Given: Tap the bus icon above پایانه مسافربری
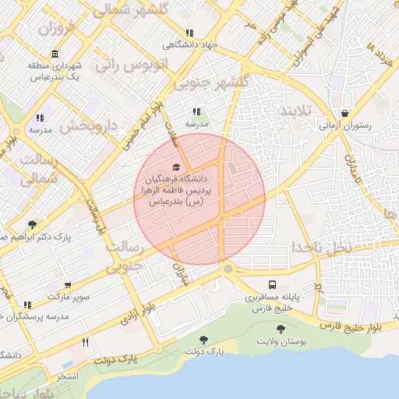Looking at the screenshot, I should pos(272,285).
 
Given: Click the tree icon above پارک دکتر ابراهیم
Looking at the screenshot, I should pos(32,224).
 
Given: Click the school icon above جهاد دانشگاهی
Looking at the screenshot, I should pos(189,33).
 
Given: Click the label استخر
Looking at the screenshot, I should pos(68,376).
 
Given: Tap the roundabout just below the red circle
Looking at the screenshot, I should pos(228,269).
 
